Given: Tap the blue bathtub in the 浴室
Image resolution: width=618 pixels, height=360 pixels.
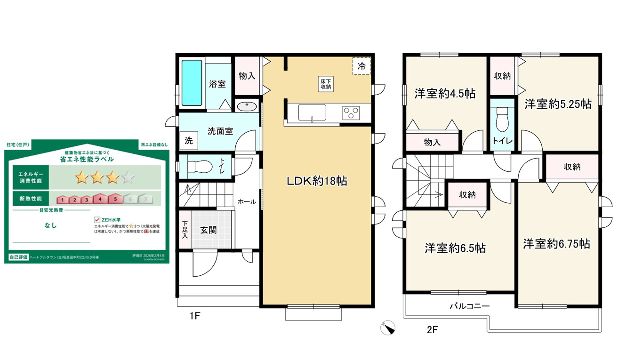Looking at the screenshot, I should click(192, 83).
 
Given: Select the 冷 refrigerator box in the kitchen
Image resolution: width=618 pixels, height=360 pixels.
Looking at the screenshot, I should click(361, 66).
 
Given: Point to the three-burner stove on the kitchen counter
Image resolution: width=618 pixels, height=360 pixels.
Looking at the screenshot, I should click(350, 113).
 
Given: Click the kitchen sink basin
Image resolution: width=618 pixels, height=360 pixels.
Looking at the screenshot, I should click(312, 113).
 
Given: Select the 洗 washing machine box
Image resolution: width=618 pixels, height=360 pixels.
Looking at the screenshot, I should click(188, 140).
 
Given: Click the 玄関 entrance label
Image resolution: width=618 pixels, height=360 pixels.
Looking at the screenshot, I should click(209, 230).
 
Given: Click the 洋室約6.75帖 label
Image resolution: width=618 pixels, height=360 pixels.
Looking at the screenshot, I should click(556, 244).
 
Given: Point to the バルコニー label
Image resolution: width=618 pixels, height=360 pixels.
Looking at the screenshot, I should click(469, 306).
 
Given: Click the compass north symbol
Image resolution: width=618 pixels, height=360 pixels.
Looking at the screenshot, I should click(388, 328).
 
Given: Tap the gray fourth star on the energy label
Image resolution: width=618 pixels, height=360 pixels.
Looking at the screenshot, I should click(128, 177).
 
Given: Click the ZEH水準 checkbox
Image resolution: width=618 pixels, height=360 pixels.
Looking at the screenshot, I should click(97, 220).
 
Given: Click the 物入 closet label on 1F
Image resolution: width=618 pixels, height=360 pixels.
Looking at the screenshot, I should click(248, 76).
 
